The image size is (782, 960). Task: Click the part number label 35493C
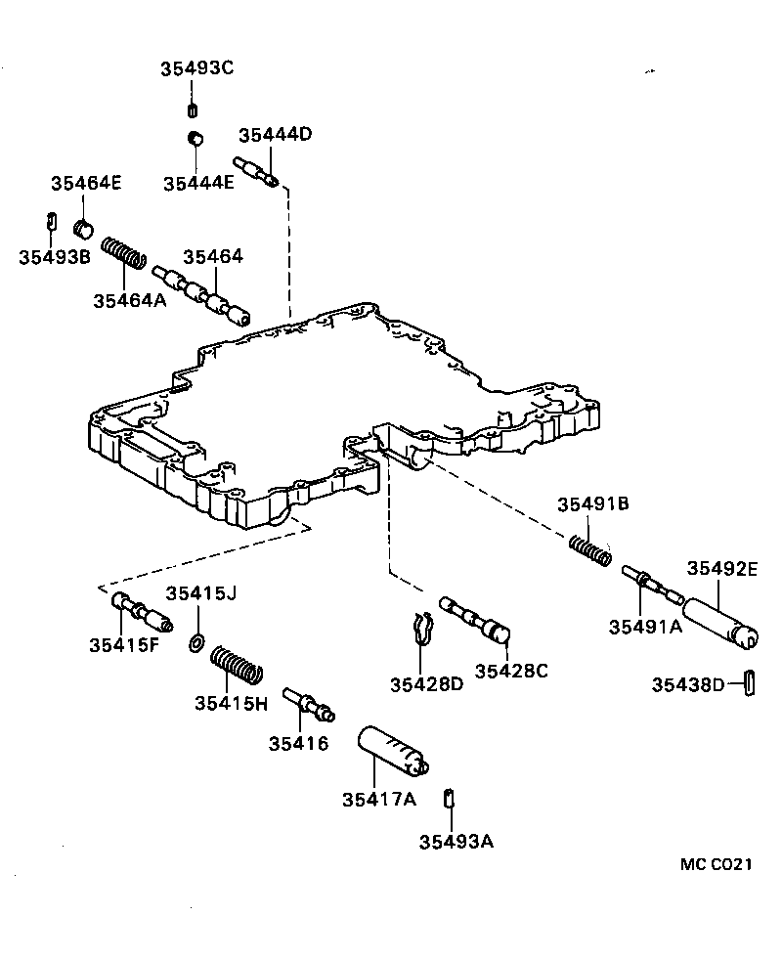(x=197, y=68)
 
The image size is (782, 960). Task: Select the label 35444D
(x=275, y=135)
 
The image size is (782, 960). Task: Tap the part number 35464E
(x=87, y=183)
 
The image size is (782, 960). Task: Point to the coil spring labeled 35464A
(x=124, y=252)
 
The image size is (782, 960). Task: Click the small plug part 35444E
(x=195, y=138)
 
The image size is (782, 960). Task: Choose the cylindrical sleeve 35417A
(x=393, y=750)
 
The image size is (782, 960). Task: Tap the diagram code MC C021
(x=717, y=864)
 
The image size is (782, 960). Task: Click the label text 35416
(x=298, y=744)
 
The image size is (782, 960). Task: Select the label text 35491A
(x=644, y=628)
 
